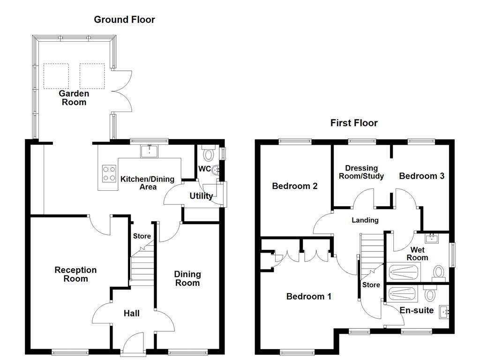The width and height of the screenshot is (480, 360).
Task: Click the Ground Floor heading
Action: click(x=124, y=20)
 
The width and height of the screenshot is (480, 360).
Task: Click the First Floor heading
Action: click(x=354, y=123)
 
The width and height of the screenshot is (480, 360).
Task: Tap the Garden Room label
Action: click(x=74, y=98)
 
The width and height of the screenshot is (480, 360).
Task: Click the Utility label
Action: click(x=201, y=196)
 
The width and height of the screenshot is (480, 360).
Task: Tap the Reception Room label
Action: click(x=75, y=274)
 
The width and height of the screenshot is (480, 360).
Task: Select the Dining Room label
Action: click(x=187, y=278)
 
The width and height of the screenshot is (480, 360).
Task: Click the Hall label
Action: click(x=131, y=313)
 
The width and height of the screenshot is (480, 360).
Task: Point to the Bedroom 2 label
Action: click(x=295, y=186)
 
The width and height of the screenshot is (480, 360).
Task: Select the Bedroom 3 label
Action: click(x=421, y=176)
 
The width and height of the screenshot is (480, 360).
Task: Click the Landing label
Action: click(x=365, y=220)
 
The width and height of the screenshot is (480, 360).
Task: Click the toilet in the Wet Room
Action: click(x=439, y=272)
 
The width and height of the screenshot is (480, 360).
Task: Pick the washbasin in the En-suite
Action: click(x=444, y=311)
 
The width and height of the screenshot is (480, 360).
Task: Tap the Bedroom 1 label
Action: click(x=309, y=296)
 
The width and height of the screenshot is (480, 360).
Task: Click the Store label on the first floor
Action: click(x=371, y=285)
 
